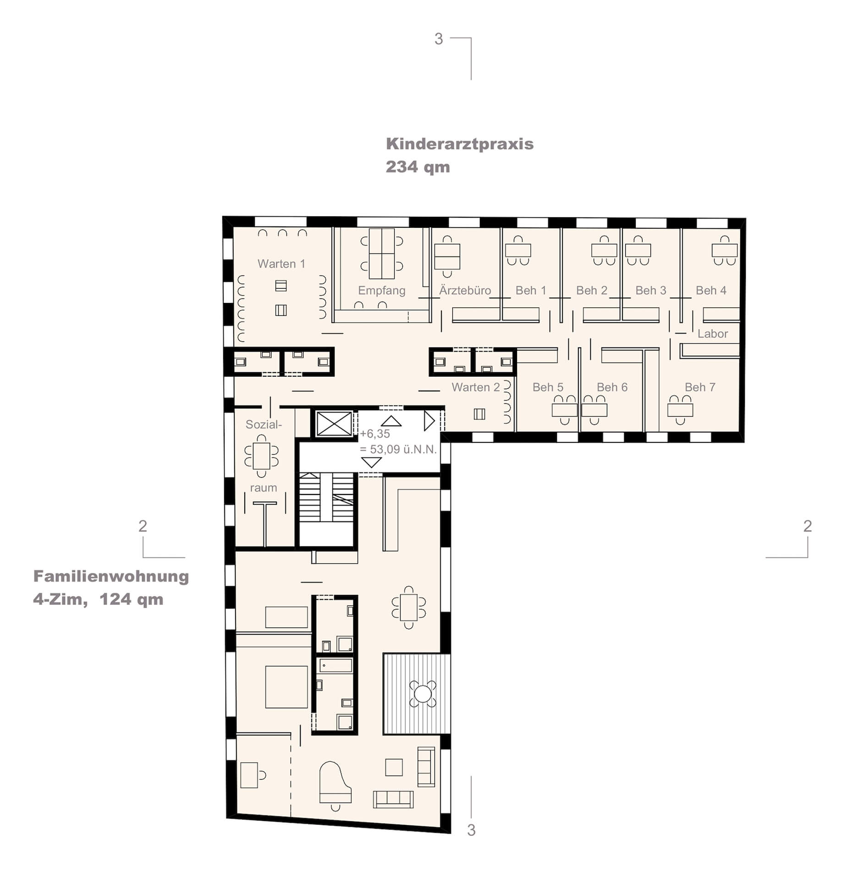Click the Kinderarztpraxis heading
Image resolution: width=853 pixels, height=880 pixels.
pos(460,144)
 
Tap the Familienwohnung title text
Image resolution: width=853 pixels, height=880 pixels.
pos(111,576)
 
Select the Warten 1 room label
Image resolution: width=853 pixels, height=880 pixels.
pos(281,264)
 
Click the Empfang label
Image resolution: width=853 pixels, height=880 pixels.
pos(381,291)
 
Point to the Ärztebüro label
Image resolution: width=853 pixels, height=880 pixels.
pos(465,290)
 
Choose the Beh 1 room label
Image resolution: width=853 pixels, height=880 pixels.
pos(531,290)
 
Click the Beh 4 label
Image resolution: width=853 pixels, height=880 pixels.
pos(711,290)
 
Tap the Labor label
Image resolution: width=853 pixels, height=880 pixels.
pos(712,334)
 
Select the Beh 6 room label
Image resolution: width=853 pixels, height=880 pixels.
pos(612,387)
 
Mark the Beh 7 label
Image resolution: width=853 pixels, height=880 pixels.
pos(700,387)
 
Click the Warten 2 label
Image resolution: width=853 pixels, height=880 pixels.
pos(476,387)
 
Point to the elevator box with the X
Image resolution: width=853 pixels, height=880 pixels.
pos(334,423)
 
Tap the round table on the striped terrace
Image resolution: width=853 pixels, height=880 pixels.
pos(423,693)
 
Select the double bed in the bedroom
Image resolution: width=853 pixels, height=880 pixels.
pos(286,687)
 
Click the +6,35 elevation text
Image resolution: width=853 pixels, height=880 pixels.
pos(375,434)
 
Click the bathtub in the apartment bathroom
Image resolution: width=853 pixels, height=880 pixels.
pos(336,665)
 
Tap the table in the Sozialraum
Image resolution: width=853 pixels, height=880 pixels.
pos(261,456)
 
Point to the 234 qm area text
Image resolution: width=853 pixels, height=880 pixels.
pos(418,167)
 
